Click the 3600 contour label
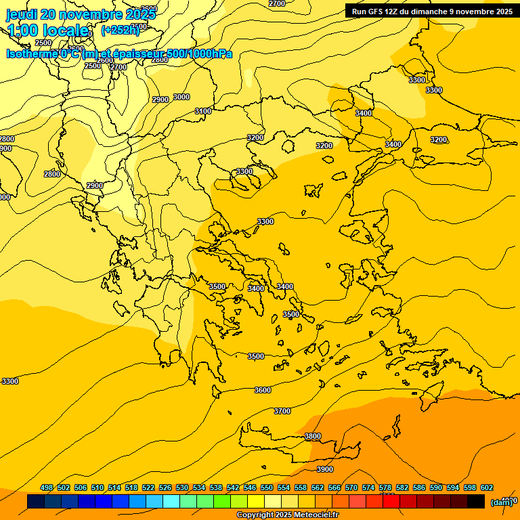(x=263, y=391)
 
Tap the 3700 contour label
(x=282, y=412)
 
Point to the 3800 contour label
(x=313, y=437)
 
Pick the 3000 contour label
(x=181, y=97)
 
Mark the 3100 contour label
(x=203, y=111)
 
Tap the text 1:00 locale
(x=48, y=30)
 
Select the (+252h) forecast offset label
(x=120, y=30)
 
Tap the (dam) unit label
(x=501, y=502)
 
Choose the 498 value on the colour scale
(x=47, y=488)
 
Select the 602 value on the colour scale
(x=487, y=488)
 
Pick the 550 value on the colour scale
(x=267, y=488)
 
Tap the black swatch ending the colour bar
(x=476, y=502)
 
